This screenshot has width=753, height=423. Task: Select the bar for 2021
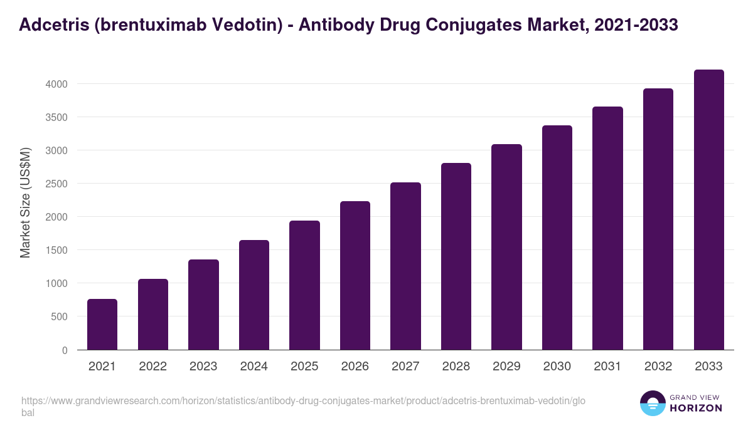coord(102,324)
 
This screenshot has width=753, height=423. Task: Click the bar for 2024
coord(254,295)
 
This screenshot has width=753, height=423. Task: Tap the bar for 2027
coord(405,266)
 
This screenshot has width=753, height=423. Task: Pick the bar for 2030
coord(557,238)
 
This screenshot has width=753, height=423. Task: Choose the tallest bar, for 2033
coord(708,209)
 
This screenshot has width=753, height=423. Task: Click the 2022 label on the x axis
coord(152,367)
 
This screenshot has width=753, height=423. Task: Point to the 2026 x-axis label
coord(355,367)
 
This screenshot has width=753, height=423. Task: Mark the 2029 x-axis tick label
coord(506,367)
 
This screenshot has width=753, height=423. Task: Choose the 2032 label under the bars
coord(658,367)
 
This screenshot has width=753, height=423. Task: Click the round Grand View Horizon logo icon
coord(653,404)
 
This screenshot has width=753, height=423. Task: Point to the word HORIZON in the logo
coord(696,408)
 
